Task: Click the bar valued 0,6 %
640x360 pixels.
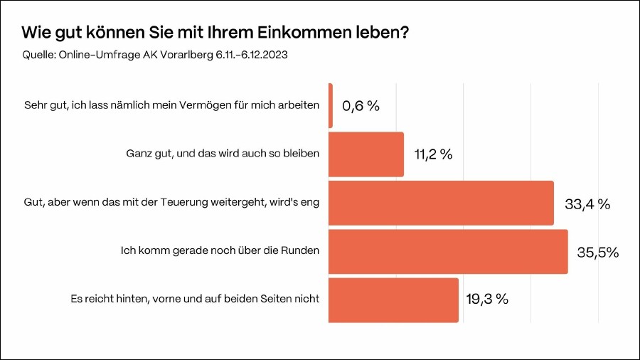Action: (x=331, y=106)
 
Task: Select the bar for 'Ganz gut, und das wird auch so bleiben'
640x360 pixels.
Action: (x=366, y=154)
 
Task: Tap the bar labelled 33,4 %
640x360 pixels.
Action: (x=441, y=203)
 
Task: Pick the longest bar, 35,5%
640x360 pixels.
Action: (x=448, y=251)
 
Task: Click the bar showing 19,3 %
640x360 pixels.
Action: (x=393, y=300)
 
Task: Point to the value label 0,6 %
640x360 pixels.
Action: (x=361, y=106)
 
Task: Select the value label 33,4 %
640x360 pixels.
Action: (x=587, y=204)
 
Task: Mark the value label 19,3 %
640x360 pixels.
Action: (x=487, y=300)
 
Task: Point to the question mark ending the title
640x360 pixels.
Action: (x=404, y=33)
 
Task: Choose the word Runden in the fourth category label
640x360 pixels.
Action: (x=301, y=251)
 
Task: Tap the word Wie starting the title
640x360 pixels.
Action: (x=35, y=33)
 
